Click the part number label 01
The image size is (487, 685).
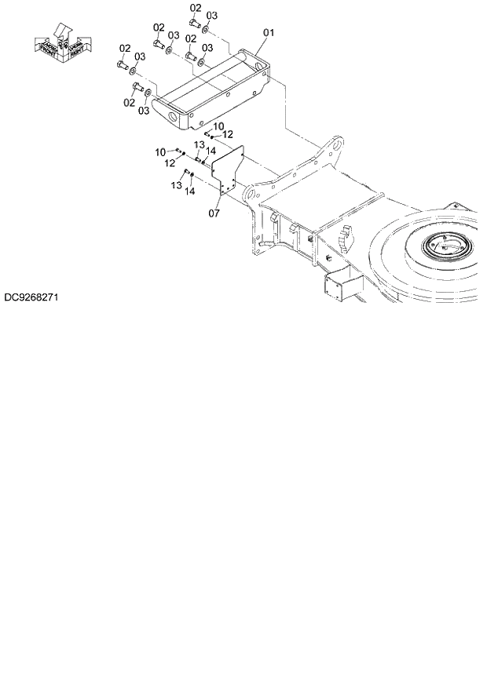268,33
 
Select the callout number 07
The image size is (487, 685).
214,213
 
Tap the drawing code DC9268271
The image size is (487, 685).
31,298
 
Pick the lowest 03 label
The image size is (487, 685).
144,111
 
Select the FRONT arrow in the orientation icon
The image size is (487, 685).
48,46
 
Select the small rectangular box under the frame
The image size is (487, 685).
336,288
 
